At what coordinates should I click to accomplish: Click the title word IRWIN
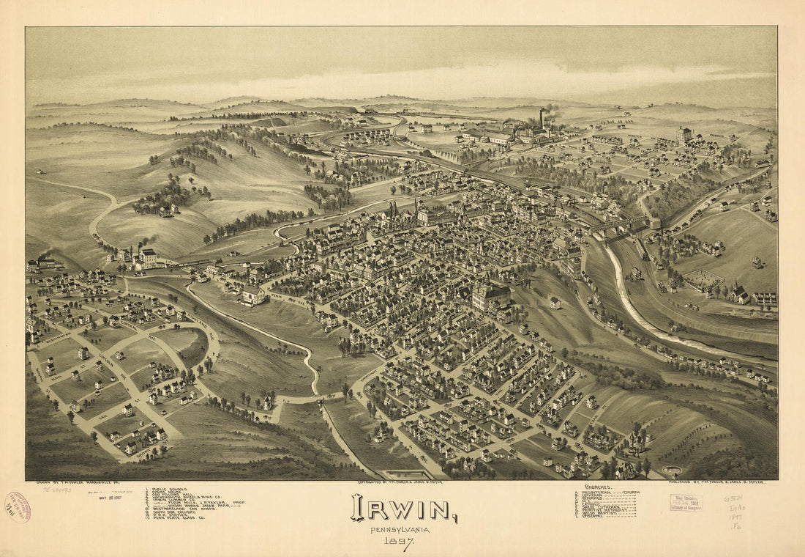coord(403,508)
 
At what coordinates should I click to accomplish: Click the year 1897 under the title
coord(400,543)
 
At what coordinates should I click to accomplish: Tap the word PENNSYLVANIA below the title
coord(400,530)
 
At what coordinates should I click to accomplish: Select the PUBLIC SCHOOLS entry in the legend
coord(171,489)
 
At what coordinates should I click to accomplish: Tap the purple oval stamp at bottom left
coord(17,507)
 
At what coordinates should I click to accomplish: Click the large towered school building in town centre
coord(491,295)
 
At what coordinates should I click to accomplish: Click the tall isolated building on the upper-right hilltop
coord(684,134)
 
